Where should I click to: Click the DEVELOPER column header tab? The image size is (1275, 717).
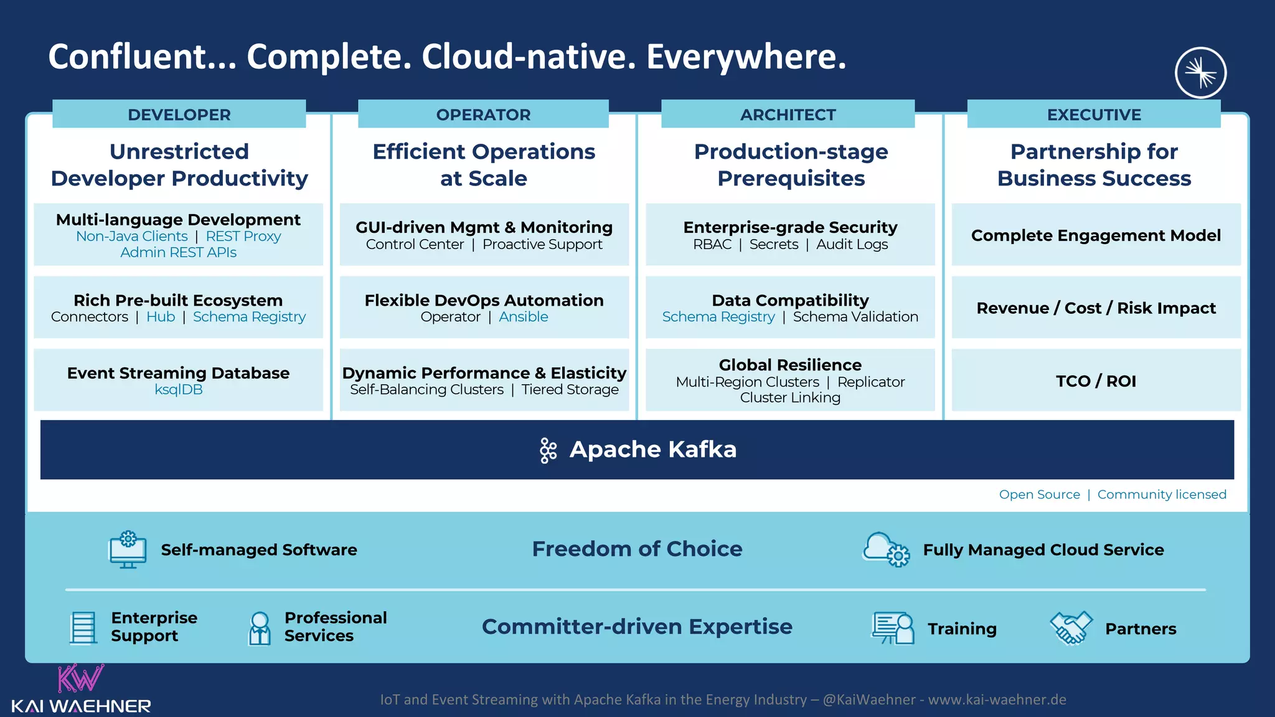[179, 115]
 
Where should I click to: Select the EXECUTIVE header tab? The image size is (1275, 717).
[1093, 115]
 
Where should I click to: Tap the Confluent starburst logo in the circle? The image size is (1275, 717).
[1200, 73]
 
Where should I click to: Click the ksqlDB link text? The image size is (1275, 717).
[178, 390]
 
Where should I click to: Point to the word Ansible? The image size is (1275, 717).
[523, 317]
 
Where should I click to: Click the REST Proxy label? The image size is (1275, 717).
[243, 237]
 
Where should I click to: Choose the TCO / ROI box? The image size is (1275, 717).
[1096, 380]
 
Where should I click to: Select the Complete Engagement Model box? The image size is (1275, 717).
[1096, 235]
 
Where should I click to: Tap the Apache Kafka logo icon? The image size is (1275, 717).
[548, 450]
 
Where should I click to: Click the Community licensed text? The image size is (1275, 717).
[1161, 494]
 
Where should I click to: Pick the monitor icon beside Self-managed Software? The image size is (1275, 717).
[128, 550]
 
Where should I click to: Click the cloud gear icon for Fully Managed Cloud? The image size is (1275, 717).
[885, 549]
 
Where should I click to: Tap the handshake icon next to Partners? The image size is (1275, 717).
[1070, 627]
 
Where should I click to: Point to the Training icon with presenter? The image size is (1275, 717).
[892, 627]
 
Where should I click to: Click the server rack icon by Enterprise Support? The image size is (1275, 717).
[83, 627]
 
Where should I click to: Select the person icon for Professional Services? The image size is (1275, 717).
[260, 627]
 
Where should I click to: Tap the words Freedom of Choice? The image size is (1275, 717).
[637, 549]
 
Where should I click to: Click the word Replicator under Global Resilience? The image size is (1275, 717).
[870, 382]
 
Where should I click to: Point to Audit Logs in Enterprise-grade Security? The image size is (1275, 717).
[852, 245]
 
